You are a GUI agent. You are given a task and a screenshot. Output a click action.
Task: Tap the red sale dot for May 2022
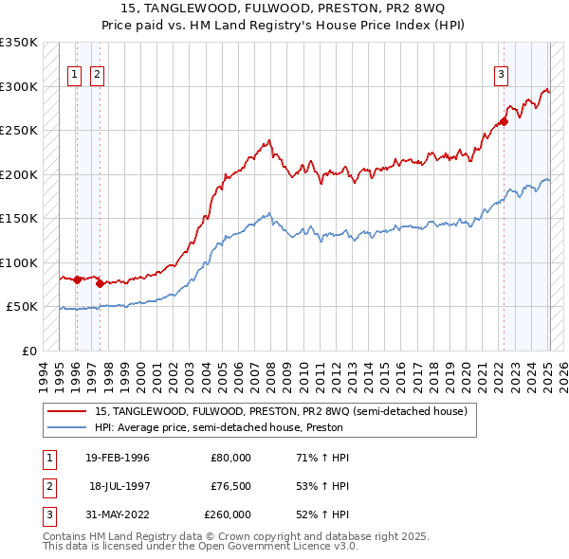click(x=505, y=121)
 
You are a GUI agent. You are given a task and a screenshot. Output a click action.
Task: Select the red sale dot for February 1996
click(x=77, y=279)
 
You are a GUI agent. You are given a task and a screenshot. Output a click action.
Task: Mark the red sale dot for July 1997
click(x=100, y=283)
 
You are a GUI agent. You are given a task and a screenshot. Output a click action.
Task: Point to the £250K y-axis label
click(x=19, y=131)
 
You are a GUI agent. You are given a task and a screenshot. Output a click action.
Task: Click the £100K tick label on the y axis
click(x=19, y=262)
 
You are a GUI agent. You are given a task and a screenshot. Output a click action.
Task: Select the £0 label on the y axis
click(x=29, y=351)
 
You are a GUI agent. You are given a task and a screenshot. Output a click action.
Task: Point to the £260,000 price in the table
click(x=228, y=514)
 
